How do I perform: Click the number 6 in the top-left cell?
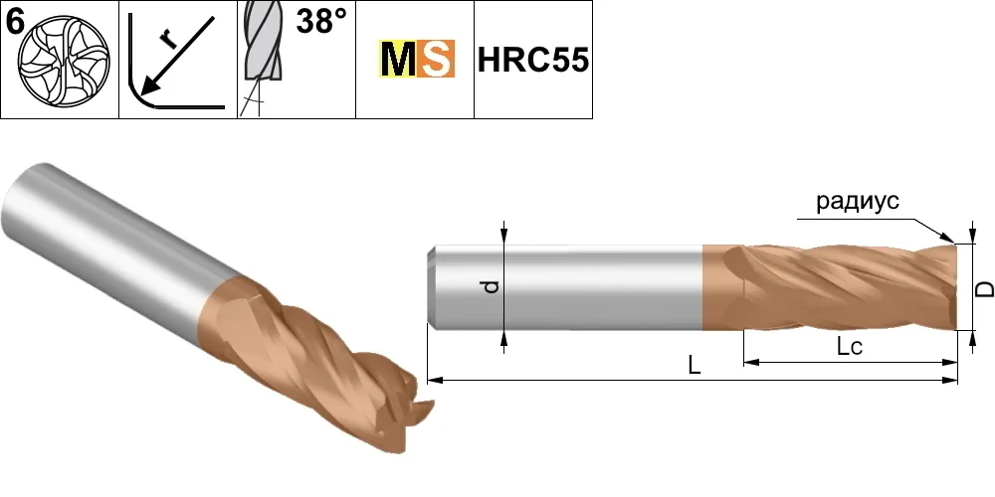tap(15, 22)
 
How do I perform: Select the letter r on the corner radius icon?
tap(168, 40)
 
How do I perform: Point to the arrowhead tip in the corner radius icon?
tap(141, 93)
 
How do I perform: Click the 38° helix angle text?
tap(321, 22)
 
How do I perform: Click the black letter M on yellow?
tap(398, 59)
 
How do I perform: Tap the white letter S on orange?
tap(436, 59)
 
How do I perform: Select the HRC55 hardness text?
tap(533, 61)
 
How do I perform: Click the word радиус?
tap(858, 202)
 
